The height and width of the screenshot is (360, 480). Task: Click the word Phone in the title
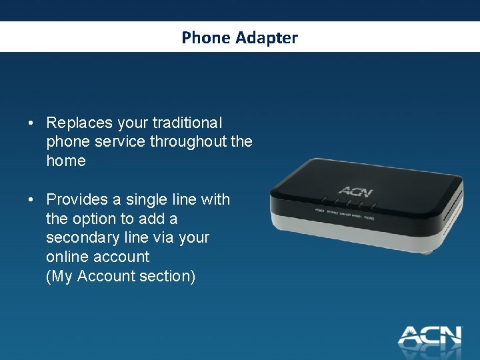(206, 38)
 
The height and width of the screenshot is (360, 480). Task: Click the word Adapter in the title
(266, 39)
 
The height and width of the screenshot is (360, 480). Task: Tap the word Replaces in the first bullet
(79, 123)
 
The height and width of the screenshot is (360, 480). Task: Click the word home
(66, 161)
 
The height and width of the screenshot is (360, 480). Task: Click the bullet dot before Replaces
(31, 123)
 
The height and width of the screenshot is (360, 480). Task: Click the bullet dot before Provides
(31, 200)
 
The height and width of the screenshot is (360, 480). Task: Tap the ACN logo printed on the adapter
(355, 191)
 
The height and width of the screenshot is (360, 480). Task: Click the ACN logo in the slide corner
(429, 335)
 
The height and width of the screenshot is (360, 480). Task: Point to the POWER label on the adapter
(321, 210)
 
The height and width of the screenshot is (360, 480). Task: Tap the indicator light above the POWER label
(323, 198)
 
